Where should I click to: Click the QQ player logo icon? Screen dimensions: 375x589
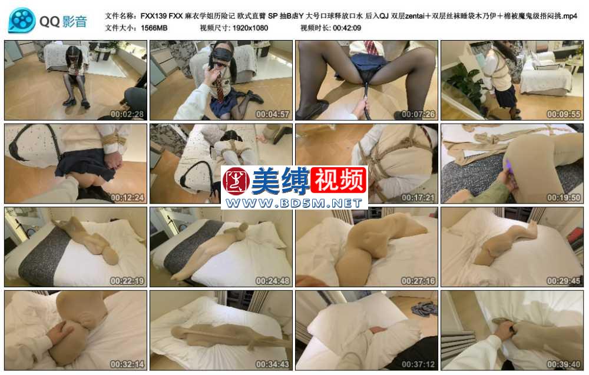(x=22, y=21)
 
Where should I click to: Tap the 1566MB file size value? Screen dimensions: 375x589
(x=154, y=28)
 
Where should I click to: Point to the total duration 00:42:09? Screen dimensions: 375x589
(x=347, y=28)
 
